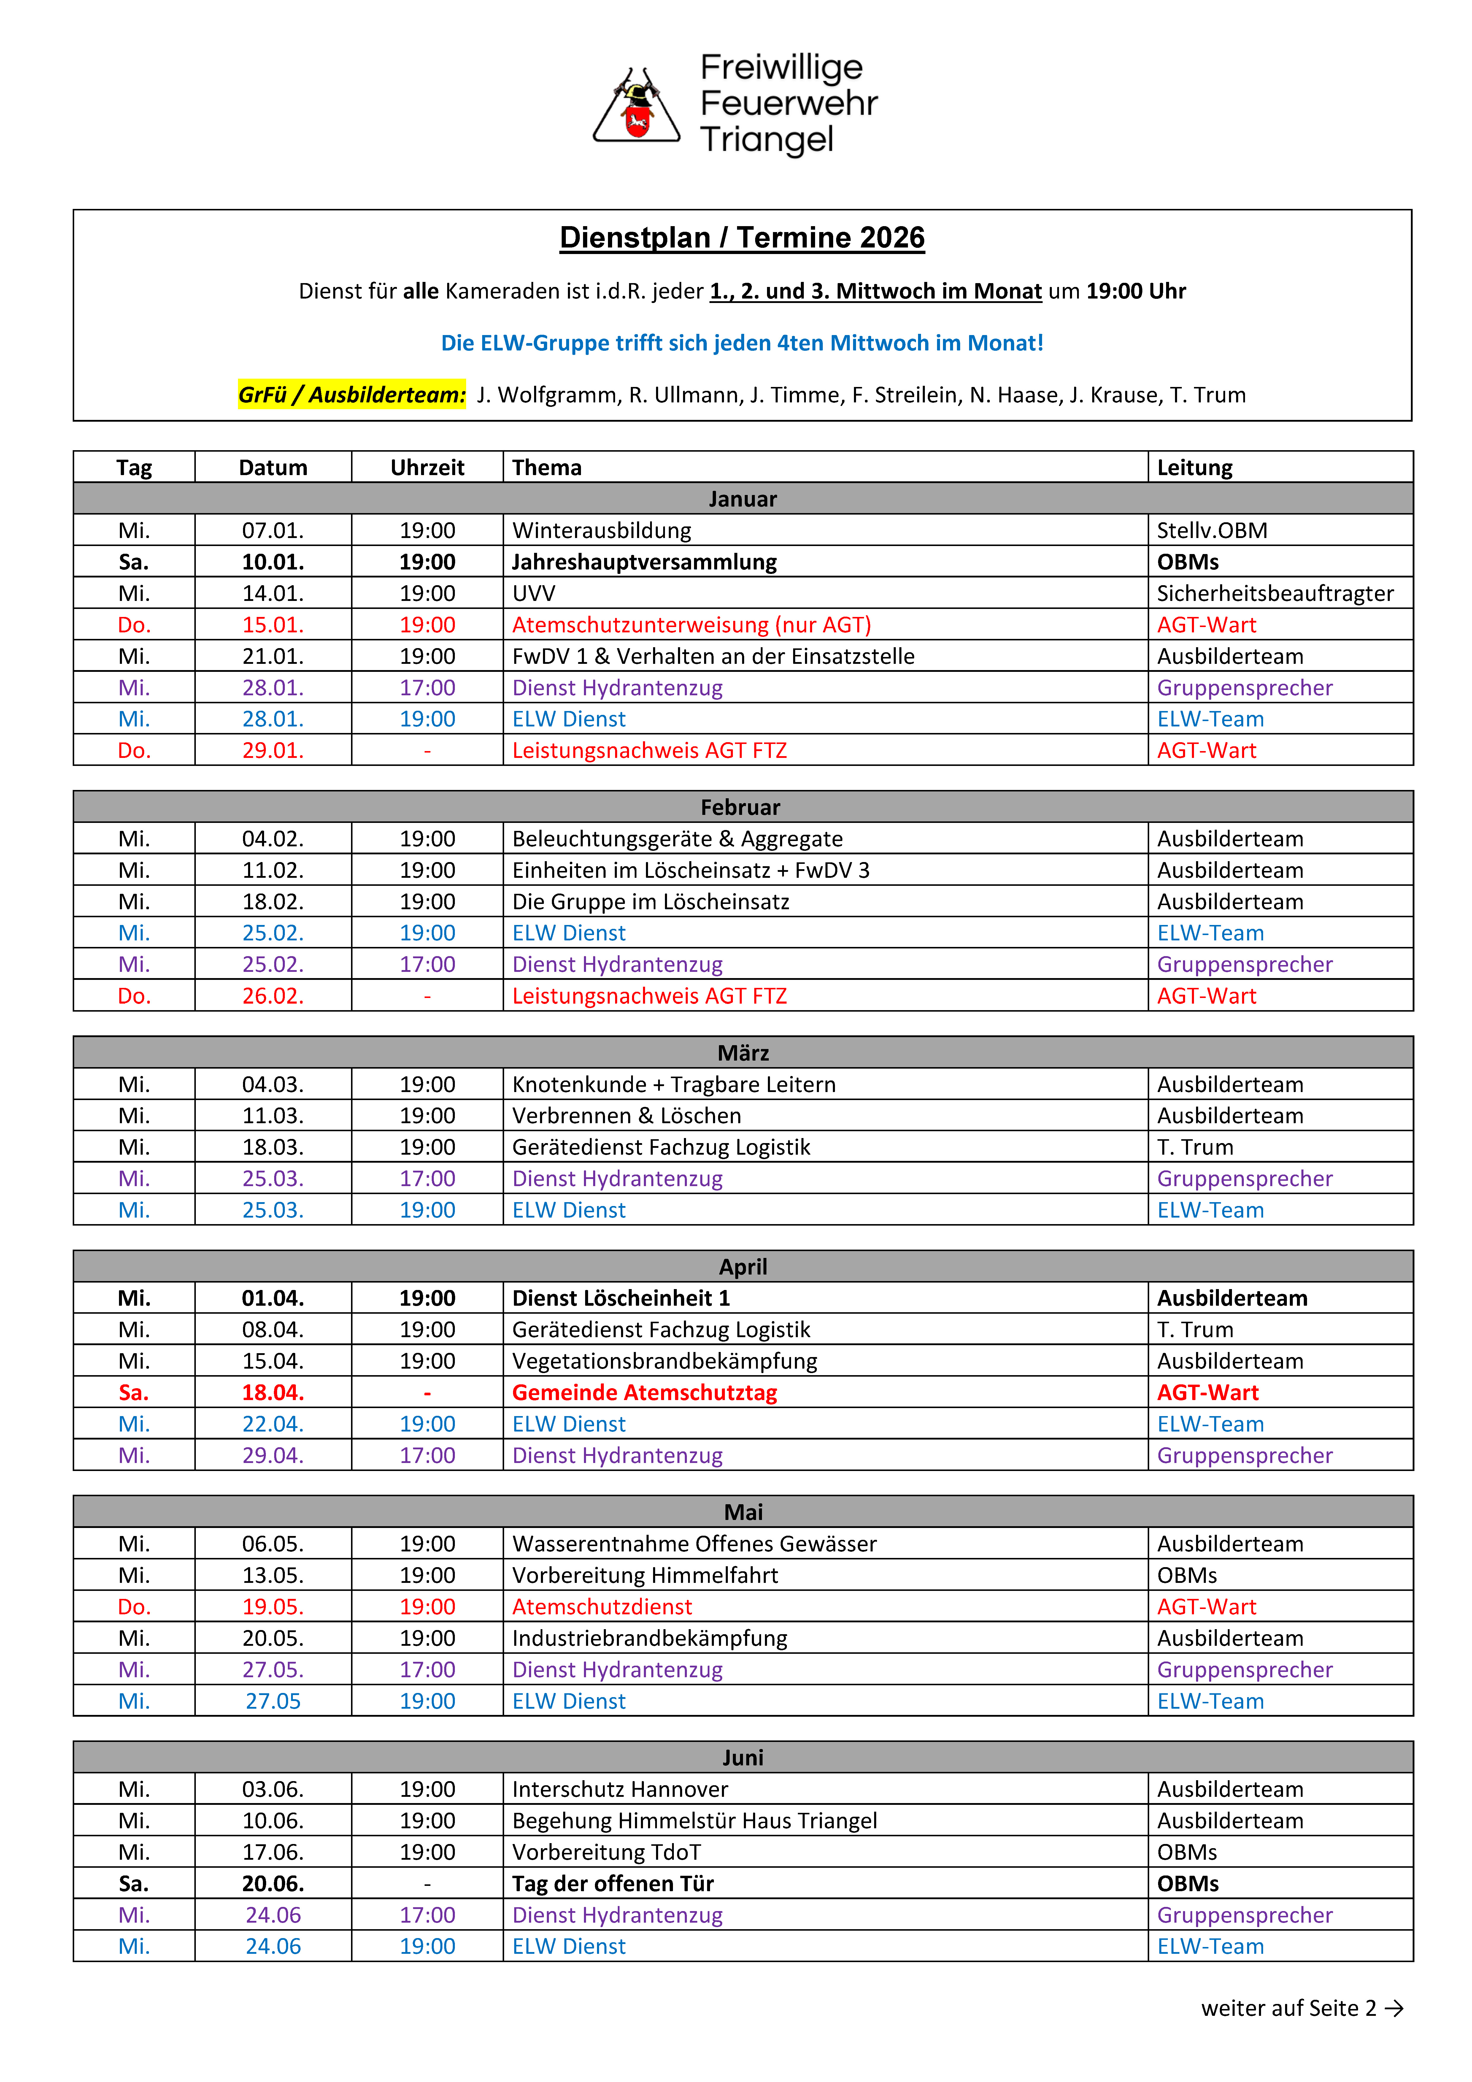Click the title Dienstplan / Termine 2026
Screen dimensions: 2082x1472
[742, 238]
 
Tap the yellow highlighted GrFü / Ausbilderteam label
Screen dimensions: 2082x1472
[351, 394]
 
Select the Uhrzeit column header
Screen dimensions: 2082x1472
[427, 468]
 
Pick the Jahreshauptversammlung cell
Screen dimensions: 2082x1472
[644, 562]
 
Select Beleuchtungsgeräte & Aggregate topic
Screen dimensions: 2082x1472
[677, 839]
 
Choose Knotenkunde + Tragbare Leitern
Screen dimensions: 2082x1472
[673, 1085]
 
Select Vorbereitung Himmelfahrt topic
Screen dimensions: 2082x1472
[645, 1575]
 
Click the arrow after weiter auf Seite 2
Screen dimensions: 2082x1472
[1394, 2008]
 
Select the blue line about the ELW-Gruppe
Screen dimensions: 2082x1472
[742, 343]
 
